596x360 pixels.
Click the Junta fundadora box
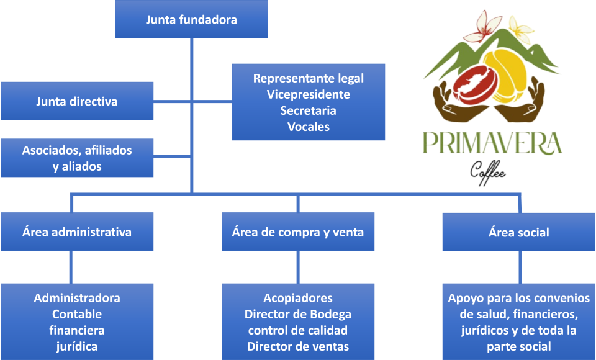[191, 19]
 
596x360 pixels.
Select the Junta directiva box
[76, 101]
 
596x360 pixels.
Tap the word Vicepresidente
[308, 94]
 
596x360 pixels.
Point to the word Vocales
[308, 127]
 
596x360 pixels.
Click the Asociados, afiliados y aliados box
[76, 158]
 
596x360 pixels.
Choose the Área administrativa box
[76, 232]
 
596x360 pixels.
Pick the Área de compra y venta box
[298, 232]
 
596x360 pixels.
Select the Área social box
[518, 232]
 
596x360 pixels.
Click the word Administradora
[77, 298]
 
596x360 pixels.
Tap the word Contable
[77, 314]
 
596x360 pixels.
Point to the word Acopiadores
[298, 298]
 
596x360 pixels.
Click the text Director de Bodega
[298, 314]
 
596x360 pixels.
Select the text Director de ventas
[298, 346]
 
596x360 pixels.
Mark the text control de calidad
[298, 330]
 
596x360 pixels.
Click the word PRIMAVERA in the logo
[492, 142]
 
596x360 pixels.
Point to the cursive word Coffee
[488, 168]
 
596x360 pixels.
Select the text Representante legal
[308, 78]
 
